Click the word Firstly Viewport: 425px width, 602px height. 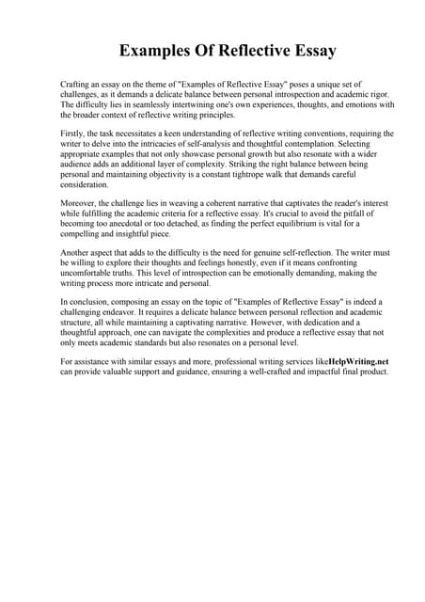[x=74, y=134]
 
